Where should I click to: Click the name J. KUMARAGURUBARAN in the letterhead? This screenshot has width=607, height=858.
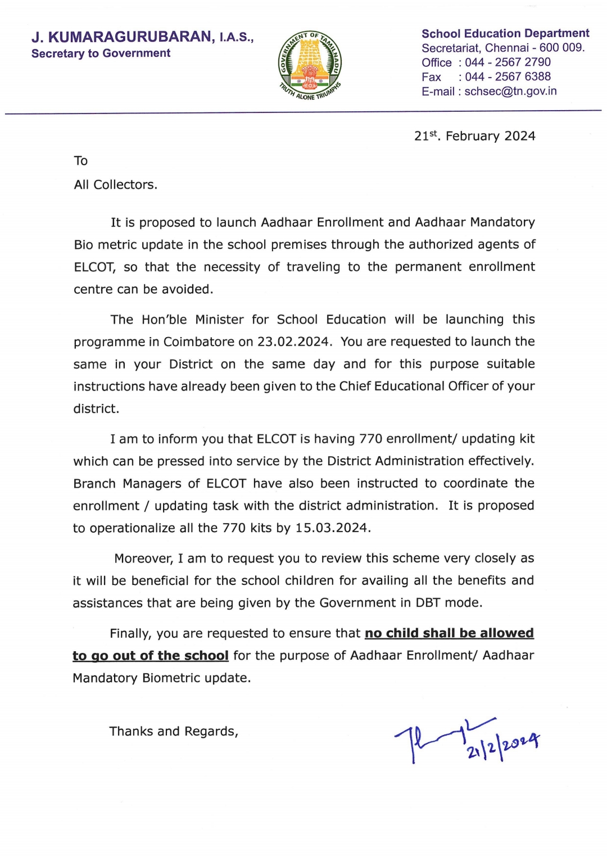click(x=122, y=37)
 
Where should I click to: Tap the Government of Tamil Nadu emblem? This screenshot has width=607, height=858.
click(x=310, y=66)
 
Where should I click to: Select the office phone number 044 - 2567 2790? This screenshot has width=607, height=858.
click(x=508, y=62)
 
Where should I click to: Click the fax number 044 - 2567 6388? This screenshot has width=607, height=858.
click(x=508, y=77)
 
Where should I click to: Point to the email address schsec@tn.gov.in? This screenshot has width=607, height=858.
click(x=510, y=92)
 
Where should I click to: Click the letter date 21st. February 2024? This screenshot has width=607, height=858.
click(x=474, y=136)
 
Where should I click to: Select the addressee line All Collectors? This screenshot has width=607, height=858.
click(x=115, y=185)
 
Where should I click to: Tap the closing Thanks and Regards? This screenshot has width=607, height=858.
click(x=174, y=732)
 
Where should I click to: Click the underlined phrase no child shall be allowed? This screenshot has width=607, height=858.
click(x=449, y=633)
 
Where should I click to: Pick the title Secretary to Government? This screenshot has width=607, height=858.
click(x=101, y=53)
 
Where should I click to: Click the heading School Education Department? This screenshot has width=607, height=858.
click(x=505, y=34)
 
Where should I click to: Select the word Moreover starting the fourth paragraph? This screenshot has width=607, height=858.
click(x=144, y=559)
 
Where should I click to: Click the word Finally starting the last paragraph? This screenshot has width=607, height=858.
click(x=130, y=633)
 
